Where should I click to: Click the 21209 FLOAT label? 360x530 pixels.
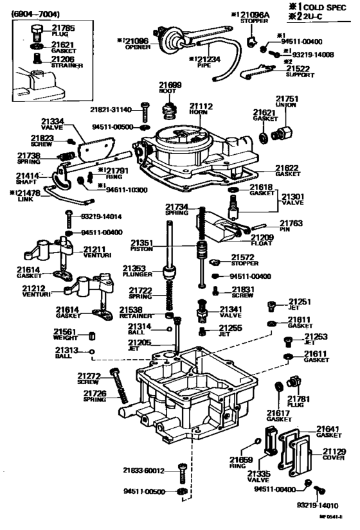pyautogui.click(x=262, y=240)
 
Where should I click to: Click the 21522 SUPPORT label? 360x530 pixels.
pyautogui.click(x=300, y=71)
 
